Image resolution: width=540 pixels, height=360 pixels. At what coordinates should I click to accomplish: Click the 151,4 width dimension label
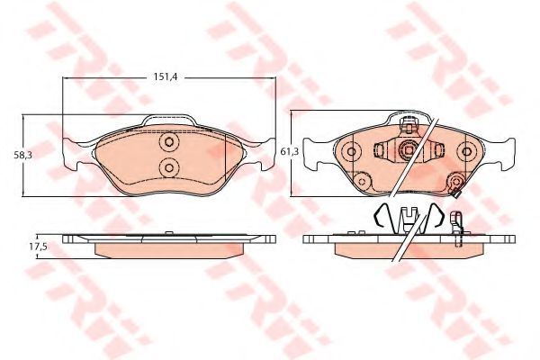pyautogui.click(x=166, y=77)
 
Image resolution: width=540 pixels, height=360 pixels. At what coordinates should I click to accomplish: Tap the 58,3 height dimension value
pyautogui.click(x=22, y=155)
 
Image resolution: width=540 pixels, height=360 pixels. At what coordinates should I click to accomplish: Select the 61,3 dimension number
pyautogui.click(x=289, y=151)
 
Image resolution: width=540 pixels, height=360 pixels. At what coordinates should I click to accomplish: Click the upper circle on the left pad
pyautogui.click(x=169, y=141)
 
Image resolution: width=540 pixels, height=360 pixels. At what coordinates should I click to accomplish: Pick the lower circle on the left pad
pyautogui.click(x=169, y=167)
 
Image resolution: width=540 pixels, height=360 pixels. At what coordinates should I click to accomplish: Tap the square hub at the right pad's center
pyautogui.click(x=409, y=150)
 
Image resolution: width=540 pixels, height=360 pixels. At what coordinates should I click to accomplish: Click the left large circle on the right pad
pyautogui.click(x=352, y=151)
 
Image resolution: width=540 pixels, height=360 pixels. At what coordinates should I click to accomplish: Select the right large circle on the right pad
pyautogui.click(x=466, y=151)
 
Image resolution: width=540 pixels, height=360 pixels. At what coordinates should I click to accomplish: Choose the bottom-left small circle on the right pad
pyautogui.click(x=362, y=181)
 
